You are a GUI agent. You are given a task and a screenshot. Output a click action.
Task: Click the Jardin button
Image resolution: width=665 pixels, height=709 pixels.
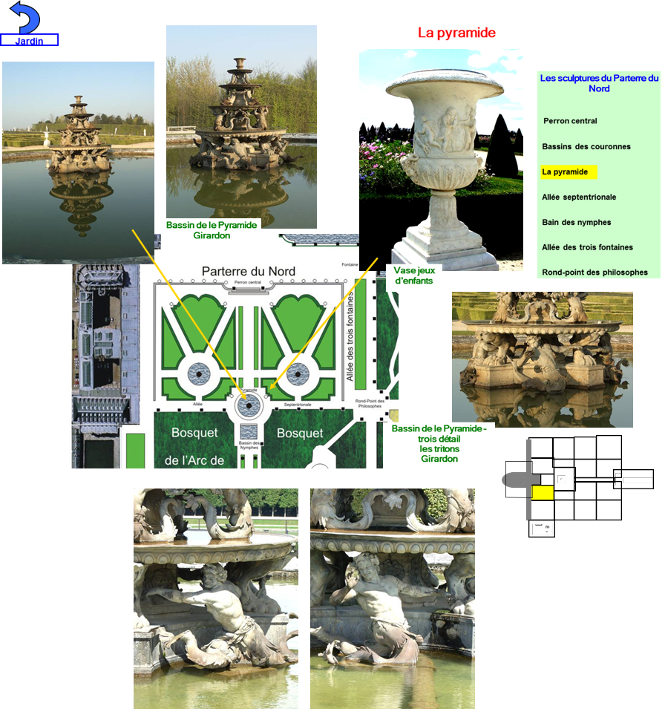29,40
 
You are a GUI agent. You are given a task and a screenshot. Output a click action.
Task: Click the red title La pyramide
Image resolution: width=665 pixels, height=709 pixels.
456,33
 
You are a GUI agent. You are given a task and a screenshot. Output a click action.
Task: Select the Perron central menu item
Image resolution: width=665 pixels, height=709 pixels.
570,121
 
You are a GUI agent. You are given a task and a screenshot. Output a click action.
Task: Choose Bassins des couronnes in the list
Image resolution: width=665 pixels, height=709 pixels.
586,146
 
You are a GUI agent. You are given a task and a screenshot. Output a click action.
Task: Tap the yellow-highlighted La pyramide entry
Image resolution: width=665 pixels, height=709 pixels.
566,171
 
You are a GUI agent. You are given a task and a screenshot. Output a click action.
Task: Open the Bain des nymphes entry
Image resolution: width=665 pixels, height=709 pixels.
576,222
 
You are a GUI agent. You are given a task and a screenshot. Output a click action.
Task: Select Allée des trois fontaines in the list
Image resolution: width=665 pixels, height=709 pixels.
587,247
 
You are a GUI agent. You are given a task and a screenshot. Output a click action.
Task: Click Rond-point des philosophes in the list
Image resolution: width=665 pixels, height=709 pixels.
594,272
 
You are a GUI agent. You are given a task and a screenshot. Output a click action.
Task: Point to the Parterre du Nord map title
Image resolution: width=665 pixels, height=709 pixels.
248,271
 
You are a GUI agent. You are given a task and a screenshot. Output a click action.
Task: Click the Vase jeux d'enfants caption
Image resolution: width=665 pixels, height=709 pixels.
414,275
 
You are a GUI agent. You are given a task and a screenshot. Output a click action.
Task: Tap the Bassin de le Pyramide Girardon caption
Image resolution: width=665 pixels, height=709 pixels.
212,230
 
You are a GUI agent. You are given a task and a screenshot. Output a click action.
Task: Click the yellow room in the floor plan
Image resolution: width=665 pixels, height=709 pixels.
543,492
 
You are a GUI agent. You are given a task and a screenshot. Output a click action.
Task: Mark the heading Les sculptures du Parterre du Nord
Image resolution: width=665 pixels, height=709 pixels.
599,83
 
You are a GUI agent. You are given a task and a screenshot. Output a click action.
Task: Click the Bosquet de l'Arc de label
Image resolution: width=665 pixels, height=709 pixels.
196,446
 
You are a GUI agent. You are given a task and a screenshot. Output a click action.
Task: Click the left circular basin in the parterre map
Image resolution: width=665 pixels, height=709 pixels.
199,373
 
